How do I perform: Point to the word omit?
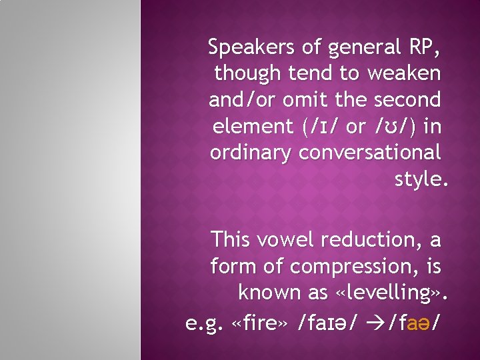tap(301, 100)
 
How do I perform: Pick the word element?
tap(245, 126)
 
